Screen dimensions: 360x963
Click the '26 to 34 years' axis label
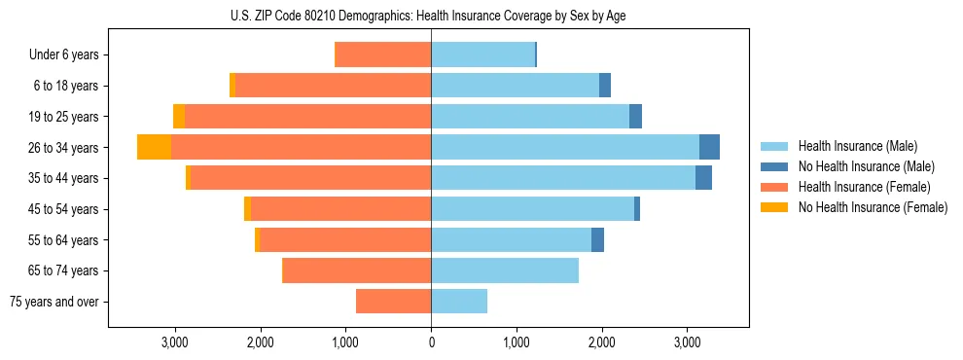coord(65,148)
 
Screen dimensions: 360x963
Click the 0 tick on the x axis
coord(431,343)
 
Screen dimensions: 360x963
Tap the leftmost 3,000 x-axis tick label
coord(174,343)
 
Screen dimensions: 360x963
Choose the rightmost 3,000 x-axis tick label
coord(687,343)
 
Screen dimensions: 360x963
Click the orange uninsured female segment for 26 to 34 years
coord(154,147)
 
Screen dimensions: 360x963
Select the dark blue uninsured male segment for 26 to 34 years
coord(709,147)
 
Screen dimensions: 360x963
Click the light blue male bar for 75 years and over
coord(459,302)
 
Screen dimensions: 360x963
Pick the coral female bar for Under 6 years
coord(382,55)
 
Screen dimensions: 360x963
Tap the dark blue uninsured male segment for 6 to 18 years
coord(605,86)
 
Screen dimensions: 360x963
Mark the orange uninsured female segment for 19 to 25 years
coord(179,117)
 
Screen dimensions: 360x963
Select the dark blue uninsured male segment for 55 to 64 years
coord(597,240)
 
